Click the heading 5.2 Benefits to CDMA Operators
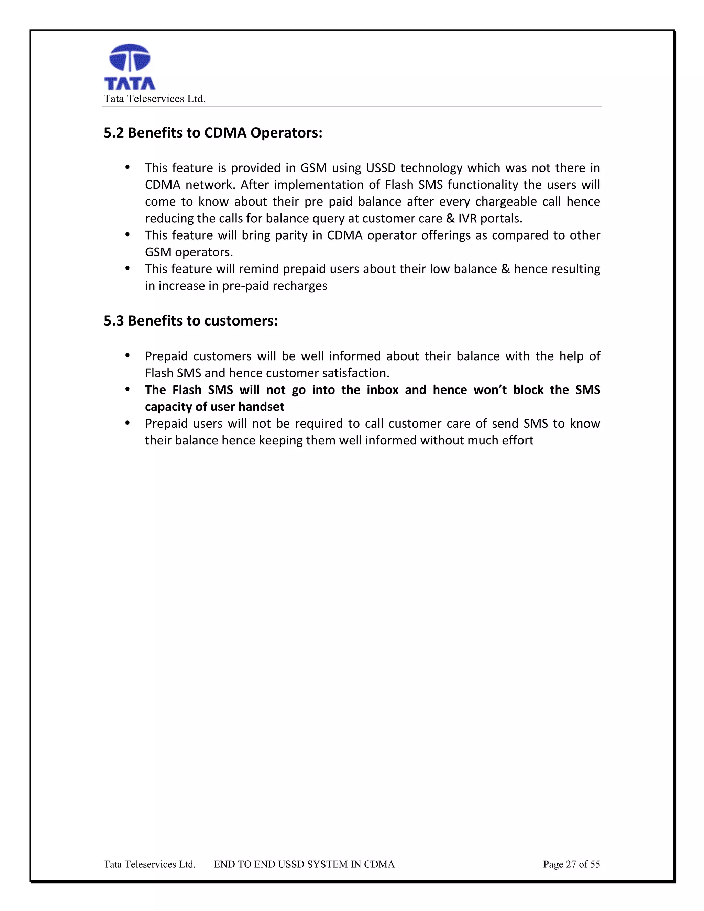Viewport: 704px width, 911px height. tap(213, 133)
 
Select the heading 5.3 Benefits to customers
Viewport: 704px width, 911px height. tap(190, 321)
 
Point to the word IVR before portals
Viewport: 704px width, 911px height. tap(467, 218)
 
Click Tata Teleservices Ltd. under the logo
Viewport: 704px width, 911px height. tap(155, 99)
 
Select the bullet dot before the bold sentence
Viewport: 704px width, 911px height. tap(128, 389)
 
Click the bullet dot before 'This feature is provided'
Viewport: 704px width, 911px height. tap(128, 168)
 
